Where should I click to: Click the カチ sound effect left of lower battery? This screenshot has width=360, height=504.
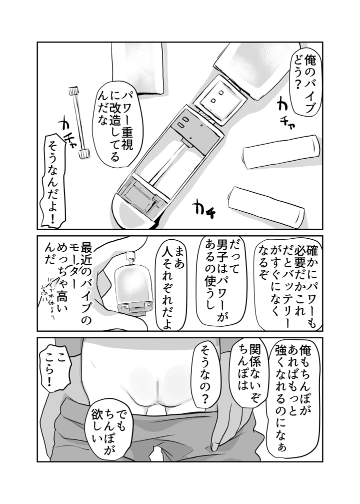click(205, 206)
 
